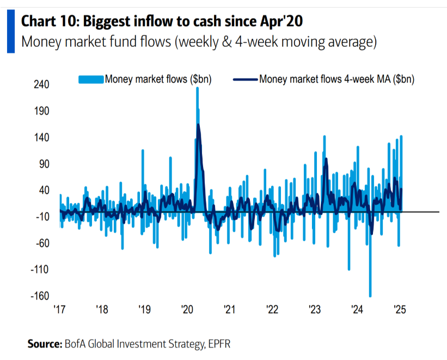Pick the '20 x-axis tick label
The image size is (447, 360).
(187, 309)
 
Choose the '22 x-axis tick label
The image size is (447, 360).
(272, 309)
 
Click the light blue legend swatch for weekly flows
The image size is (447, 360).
(91, 79)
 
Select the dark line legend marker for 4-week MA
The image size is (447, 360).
(246, 79)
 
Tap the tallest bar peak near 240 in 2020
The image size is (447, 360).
(197, 88)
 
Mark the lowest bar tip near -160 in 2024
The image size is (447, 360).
(370, 296)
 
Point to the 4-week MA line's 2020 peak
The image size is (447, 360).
(198, 125)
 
